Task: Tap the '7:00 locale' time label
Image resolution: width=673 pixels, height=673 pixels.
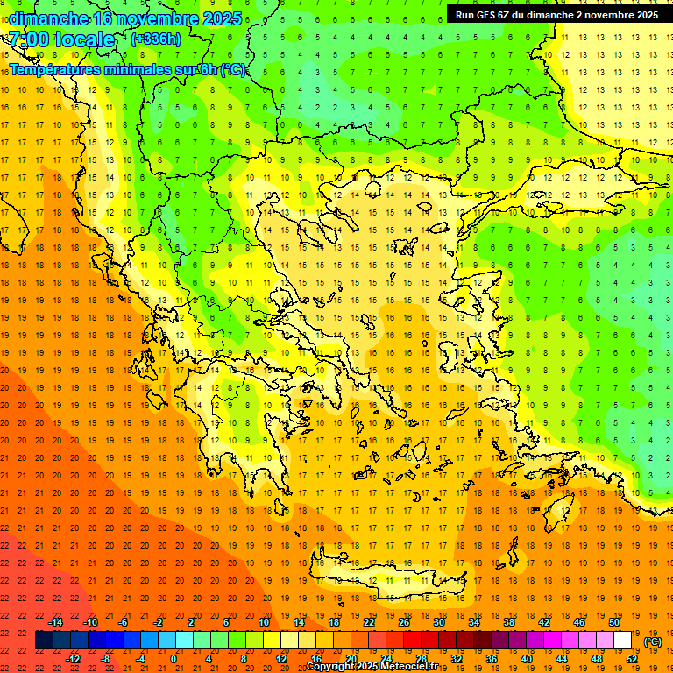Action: click(61, 39)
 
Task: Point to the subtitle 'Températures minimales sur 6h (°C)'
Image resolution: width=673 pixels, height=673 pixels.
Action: click(128, 69)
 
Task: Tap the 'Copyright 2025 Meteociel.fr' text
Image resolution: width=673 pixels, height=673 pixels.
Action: click(372, 666)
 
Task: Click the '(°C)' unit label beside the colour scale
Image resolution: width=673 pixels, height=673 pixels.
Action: click(653, 641)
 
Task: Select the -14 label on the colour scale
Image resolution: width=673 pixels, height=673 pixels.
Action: click(55, 622)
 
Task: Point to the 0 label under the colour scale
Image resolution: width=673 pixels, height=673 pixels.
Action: click(174, 659)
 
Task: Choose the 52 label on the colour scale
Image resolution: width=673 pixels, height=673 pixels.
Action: click(632, 659)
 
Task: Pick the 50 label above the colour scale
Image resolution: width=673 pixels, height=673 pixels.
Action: click(613, 622)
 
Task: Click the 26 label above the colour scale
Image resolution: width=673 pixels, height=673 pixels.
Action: click(404, 622)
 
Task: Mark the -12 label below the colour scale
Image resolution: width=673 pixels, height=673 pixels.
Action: click(74, 659)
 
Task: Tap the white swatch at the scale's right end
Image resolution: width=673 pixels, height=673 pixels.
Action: click(623, 641)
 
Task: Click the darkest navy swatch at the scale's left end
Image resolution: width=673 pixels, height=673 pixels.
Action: click(44, 641)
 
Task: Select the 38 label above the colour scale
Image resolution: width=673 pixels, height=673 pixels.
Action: click(508, 622)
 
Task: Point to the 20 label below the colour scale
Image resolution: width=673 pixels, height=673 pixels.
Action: click(351, 659)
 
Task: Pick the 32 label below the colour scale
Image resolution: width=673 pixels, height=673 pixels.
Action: click(456, 659)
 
